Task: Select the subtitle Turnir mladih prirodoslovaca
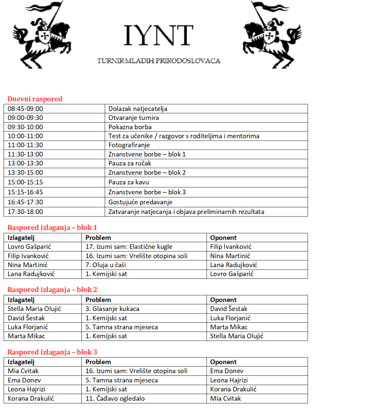(x=159, y=61)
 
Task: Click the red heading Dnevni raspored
(x=35, y=99)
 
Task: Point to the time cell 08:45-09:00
(x=25, y=109)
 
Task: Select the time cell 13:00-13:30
(x=25, y=163)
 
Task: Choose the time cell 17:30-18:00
(x=25, y=212)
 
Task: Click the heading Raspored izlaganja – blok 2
(x=52, y=290)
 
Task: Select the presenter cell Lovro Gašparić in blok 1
(x=29, y=247)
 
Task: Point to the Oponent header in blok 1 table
(x=223, y=237)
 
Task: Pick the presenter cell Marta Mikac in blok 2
(x=27, y=336)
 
